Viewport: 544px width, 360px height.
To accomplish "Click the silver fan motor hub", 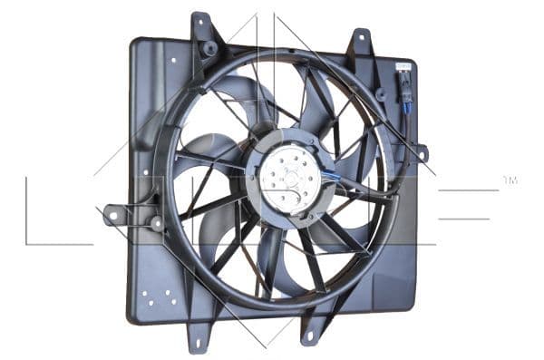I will pyautogui.click(x=289, y=177).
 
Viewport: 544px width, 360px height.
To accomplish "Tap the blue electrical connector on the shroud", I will pyautogui.click(x=407, y=107).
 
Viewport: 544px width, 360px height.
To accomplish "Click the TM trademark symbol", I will pyautogui.click(x=510, y=180).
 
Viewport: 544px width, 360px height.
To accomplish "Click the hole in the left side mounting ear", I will pyautogui.click(x=113, y=216).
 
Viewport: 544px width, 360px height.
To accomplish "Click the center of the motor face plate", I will pyautogui.click(x=289, y=178).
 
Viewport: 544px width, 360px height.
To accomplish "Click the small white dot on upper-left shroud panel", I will pyautogui.click(x=173, y=61).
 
